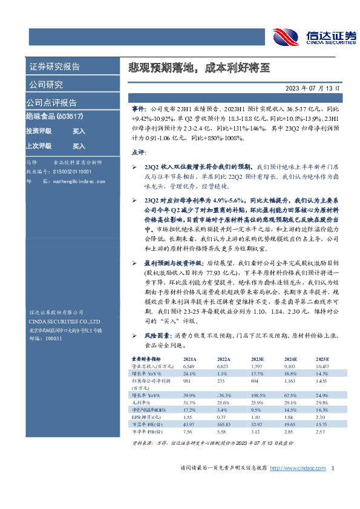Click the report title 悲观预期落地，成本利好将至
pos(192,68)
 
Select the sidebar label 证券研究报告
pos(54,67)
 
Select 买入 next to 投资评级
pos(79,131)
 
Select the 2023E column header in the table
pos(263,358)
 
